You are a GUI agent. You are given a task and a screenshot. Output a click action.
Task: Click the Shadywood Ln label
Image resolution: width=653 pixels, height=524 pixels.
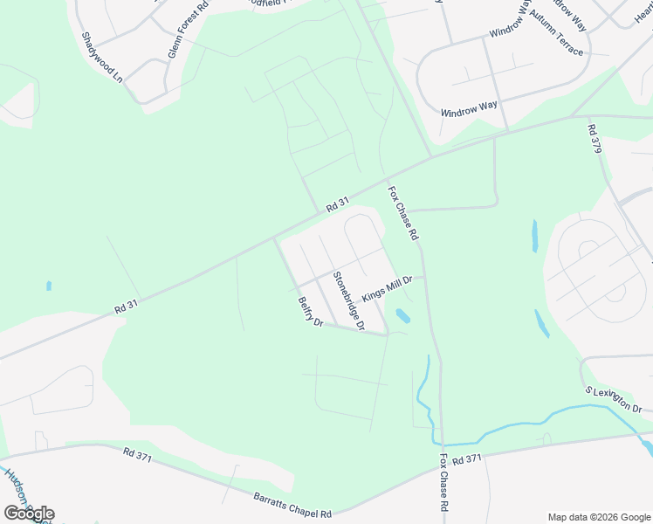coord(102,58)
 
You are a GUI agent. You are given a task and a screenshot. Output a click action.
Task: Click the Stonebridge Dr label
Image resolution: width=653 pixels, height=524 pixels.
coord(347,300)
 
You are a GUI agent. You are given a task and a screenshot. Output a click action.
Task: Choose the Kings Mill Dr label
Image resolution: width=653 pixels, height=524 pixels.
coord(387,287)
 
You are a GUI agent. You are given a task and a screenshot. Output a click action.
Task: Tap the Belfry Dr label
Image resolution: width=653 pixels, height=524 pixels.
coord(311,311)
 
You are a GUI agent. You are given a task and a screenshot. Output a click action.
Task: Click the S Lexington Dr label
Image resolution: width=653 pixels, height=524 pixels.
coord(613,403)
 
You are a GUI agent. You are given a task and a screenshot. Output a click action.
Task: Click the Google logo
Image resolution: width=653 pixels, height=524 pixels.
coord(29,514)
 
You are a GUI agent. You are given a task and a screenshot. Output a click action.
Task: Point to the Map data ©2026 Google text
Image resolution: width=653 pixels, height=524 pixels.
coord(600,517)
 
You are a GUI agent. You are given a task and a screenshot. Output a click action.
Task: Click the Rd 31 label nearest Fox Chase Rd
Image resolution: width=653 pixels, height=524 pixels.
coord(337,205)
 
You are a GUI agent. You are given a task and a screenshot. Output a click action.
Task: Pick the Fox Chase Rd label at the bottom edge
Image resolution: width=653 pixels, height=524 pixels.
coord(444,495)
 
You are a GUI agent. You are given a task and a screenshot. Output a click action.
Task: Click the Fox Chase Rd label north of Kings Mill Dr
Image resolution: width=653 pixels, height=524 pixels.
coord(403,213)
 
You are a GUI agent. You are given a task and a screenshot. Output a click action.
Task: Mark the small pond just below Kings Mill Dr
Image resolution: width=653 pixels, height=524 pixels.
coord(402,314)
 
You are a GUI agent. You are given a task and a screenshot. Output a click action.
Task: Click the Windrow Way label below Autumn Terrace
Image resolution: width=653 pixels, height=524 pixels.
coord(469,109)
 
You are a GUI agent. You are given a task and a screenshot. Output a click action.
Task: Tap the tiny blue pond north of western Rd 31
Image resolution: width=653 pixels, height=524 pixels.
coord(48,286)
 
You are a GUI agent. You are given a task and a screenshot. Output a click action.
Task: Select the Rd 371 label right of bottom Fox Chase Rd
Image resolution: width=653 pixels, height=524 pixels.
coord(468,458)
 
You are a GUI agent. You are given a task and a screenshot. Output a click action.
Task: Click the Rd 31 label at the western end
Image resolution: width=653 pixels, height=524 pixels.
coord(127,308)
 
